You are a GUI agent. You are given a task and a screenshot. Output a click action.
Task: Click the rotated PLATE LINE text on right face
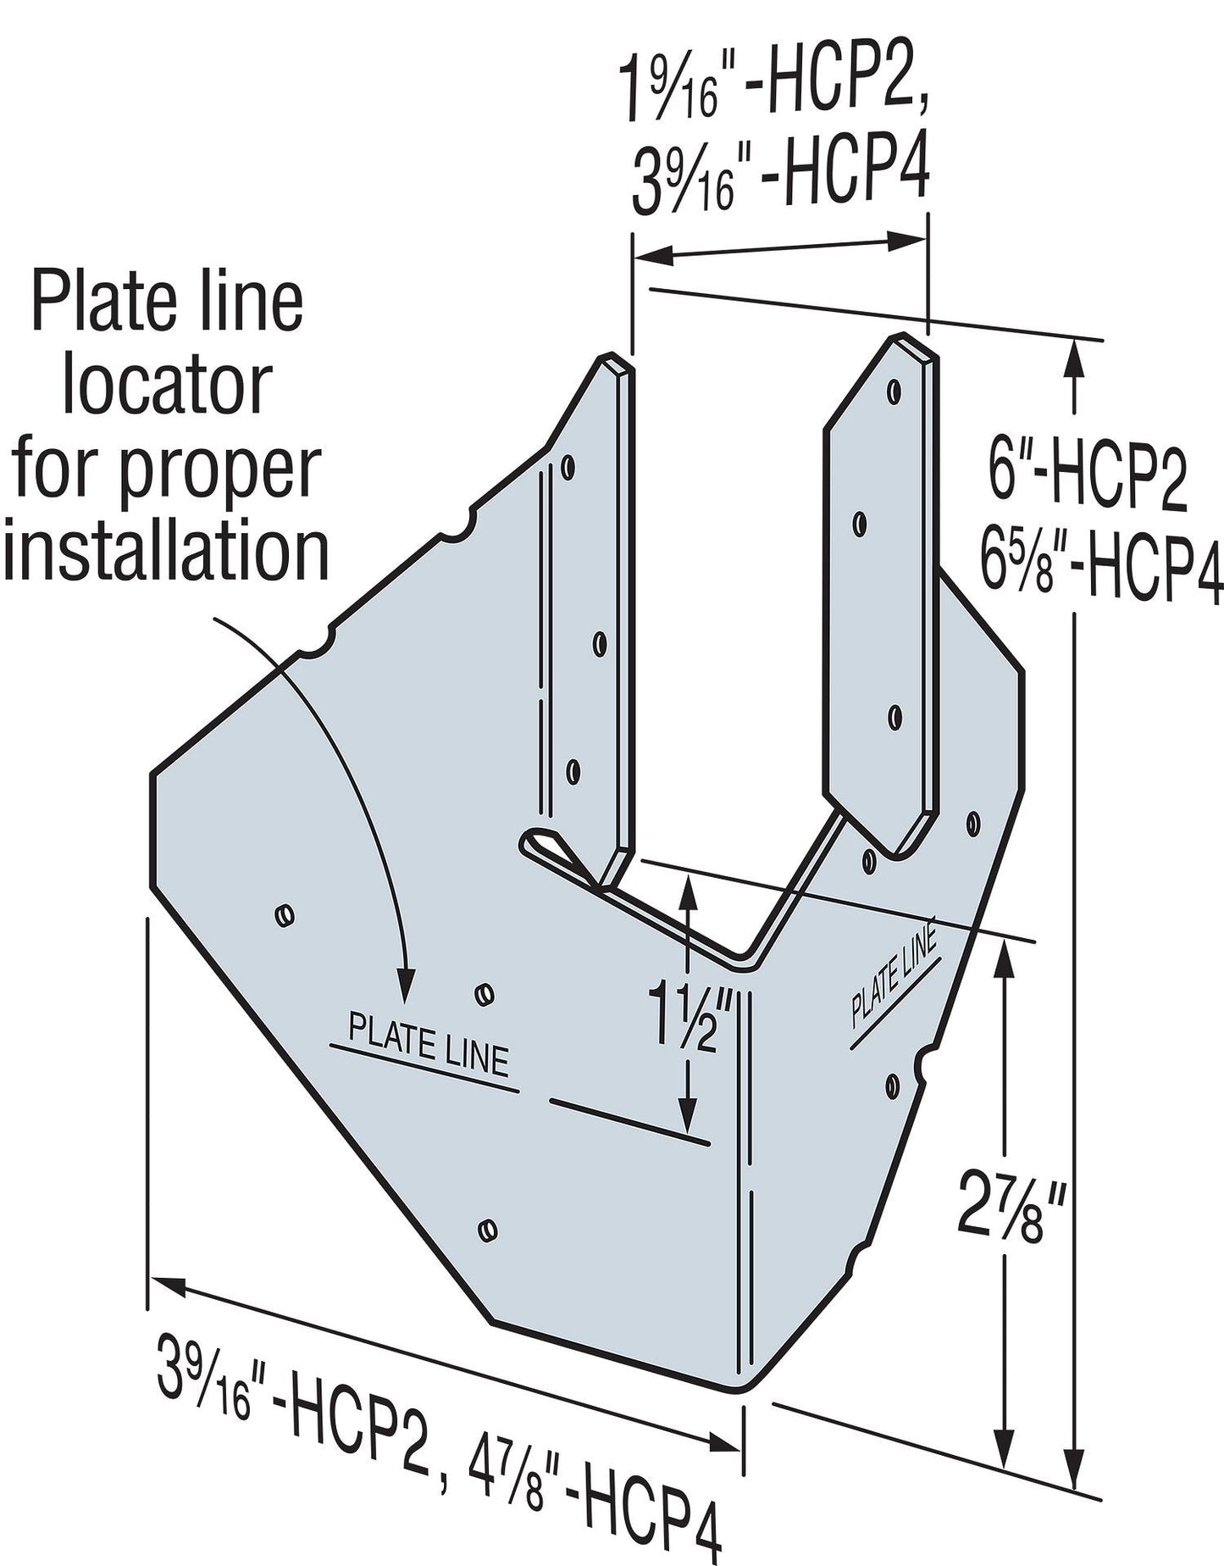894,980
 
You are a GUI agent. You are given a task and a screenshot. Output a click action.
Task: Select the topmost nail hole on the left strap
568,467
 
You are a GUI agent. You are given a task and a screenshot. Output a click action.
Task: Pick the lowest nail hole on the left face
486,1230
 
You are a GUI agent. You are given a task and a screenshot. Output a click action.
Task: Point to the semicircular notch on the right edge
924,1064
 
